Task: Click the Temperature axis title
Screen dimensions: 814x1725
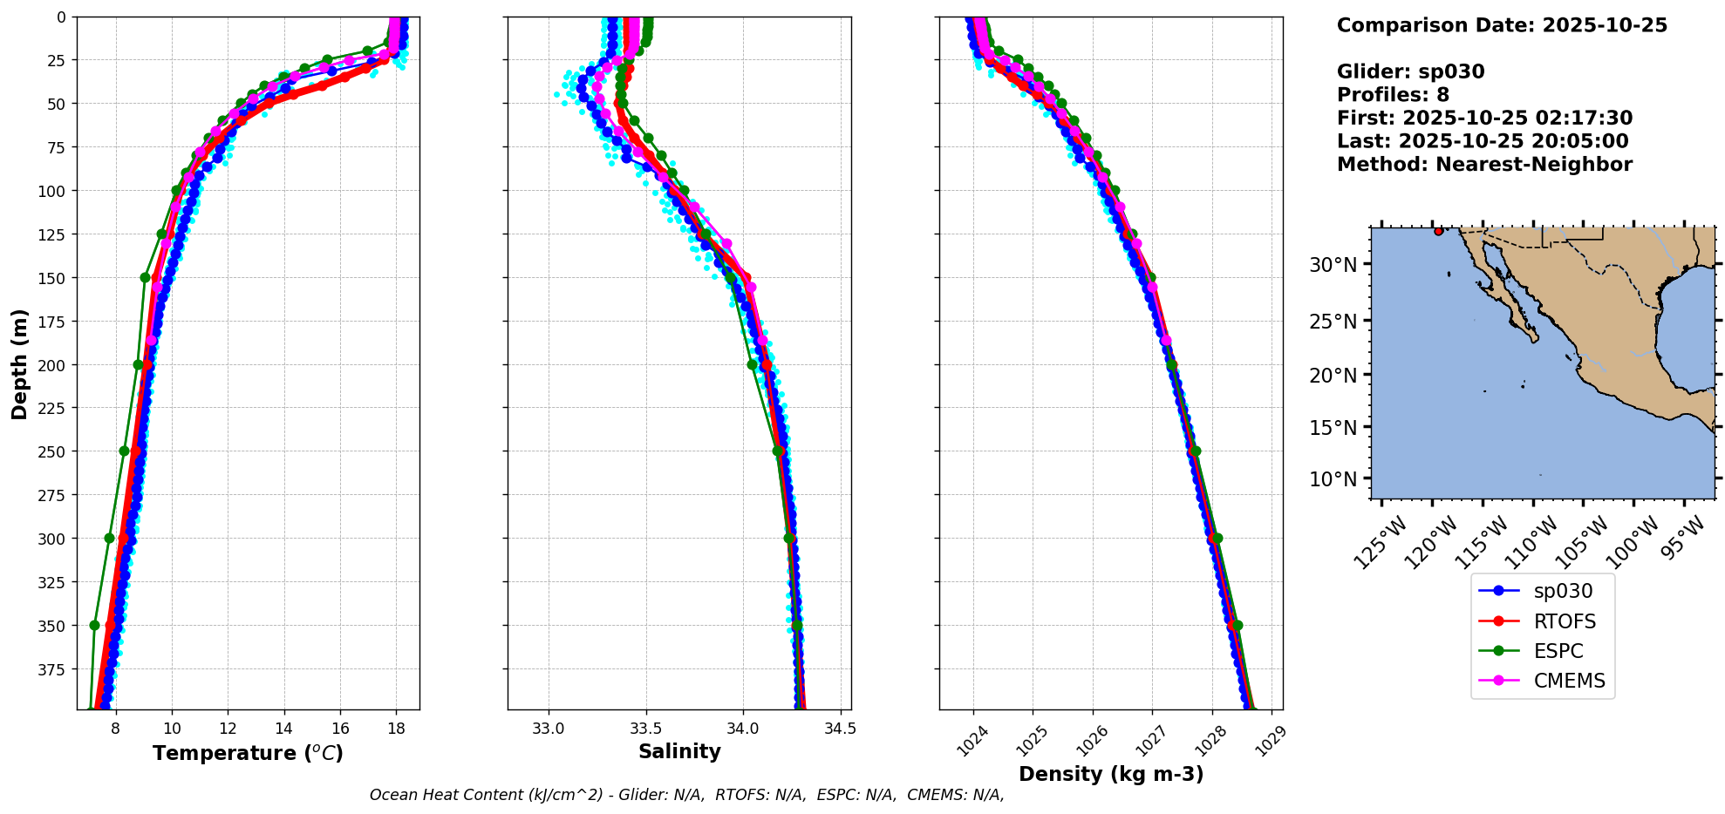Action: pyautogui.click(x=248, y=753)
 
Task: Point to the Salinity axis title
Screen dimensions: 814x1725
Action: pyautogui.click(x=679, y=751)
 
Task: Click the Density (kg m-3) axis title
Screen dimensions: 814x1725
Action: pyautogui.click(x=1110, y=774)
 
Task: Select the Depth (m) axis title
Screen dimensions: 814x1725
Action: pyautogui.click(x=19, y=363)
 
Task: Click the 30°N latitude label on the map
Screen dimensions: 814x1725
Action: pyautogui.click(x=1333, y=265)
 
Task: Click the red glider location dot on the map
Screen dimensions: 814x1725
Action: pyautogui.click(x=1438, y=231)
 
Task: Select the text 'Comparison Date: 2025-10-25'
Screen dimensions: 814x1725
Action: pyautogui.click(x=1502, y=25)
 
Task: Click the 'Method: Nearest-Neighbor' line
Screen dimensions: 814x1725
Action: pyautogui.click(x=1484, y=165)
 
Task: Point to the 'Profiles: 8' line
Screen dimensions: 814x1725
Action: pyautogui.click(x=1393, y=95)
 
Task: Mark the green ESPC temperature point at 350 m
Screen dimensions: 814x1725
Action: pyautogui.click(x=94, y=625)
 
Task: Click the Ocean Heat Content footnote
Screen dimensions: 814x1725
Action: pyautogui.click(x=686, y=795)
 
